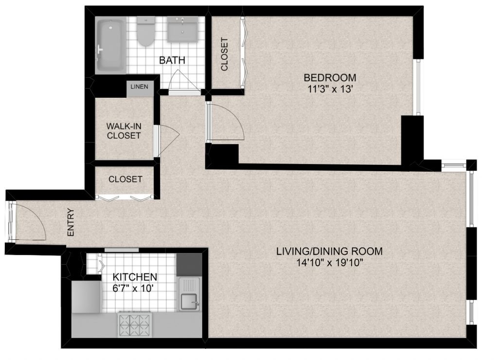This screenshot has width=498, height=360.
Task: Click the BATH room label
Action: click(x=172, y=60)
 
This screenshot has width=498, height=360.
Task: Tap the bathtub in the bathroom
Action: click(x=111, y=45)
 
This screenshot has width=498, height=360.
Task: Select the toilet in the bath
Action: click(x=146, y=32)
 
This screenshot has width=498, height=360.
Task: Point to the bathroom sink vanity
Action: click(x=183, y=29)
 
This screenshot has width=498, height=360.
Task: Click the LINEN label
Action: click(x=140, y=87)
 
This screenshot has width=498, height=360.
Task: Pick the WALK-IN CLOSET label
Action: click(x=124, y=131)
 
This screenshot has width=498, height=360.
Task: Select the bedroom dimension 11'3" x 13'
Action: click(x=330, y=89)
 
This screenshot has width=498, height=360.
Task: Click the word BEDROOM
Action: click(x=330, y=77)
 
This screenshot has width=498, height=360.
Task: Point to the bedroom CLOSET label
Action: click(x=225, y=54)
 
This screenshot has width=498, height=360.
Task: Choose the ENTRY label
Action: click(x=71, y=222)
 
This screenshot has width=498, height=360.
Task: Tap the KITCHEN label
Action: click(x=135, y=277)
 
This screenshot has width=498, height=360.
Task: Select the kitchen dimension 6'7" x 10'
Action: click(x=133, y=288)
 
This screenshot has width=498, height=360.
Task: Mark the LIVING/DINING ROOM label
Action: click(x=329, y=252)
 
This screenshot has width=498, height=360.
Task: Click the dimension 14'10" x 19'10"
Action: click(x=329, y=263)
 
